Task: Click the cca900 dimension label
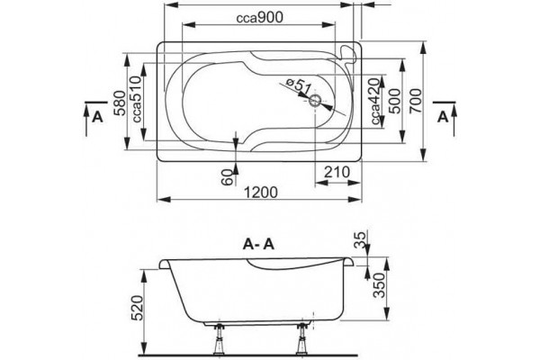coord(259,17)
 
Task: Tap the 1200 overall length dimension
coord(260,193)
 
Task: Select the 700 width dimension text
coord(416,101)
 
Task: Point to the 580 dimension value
coord(119,103)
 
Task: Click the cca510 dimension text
coord(137,99)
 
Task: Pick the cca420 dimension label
coord(375,102)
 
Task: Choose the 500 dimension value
coord(395,101)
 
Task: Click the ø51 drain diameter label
coord(299,86)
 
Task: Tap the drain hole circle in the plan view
coord(315,101)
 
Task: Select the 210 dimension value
coord(337,172)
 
